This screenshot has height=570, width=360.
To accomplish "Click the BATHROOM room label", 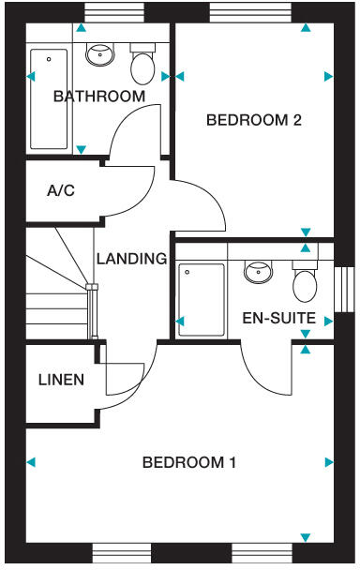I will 98,96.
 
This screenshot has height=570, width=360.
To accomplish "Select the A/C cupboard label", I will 61,191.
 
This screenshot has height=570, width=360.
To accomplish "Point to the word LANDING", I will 131,259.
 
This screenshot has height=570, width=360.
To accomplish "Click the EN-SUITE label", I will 278,318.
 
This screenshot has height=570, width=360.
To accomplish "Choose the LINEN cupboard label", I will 61,380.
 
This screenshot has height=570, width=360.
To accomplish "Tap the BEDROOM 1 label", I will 188,462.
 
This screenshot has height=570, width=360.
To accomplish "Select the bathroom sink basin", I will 98,54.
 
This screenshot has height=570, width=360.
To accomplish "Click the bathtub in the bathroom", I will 49,98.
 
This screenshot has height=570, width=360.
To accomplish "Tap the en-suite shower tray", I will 202,299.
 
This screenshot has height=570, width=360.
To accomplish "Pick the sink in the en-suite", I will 258,272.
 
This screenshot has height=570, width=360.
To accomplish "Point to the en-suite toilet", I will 306,279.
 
